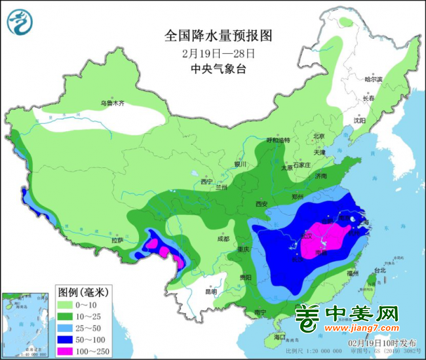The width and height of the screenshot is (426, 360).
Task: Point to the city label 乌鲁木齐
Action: click(112, 103)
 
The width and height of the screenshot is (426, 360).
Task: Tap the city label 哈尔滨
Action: click(373, 79)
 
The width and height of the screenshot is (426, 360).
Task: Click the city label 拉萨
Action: click(117, 241)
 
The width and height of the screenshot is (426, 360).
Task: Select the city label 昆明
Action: click(210, 291)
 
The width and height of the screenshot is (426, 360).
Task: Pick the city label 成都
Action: click(222, 239)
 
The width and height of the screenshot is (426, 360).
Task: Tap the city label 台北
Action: click(379, 270)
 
